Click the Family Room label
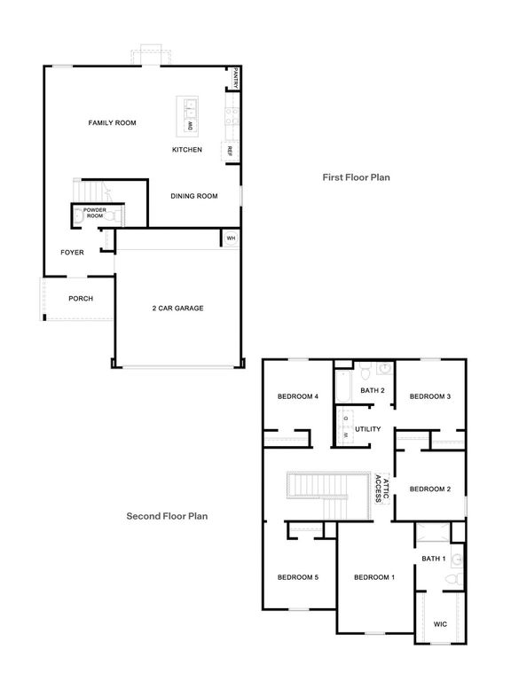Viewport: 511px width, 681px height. [x=112, y=122]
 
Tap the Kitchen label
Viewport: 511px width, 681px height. [x=187, y=150]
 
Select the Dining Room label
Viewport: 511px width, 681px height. [x=194, y=196]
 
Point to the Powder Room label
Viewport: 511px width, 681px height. [x=95, y=213]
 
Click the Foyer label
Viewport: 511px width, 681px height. [x=72, y=253]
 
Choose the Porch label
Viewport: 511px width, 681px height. [x=81, y=299]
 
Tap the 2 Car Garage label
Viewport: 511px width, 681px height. [x=177, y=309]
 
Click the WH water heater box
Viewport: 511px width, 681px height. [x=230, y=238]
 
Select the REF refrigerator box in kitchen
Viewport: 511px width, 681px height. [x=229, y=151]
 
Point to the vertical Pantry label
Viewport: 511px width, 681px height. [x=236, y=79]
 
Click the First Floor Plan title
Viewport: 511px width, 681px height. [x=356, y=177]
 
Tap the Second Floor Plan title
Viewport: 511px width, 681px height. [x=167, y=515]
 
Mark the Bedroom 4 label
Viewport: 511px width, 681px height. [x=297, y=396]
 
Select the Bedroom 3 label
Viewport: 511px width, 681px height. [x=430, y=396]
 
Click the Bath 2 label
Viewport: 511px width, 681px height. [x=373, y=390]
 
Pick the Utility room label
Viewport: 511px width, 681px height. [x=368, y=429]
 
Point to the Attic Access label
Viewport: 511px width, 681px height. [x=381, y=488]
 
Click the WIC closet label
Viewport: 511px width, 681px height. [x=440, y=624]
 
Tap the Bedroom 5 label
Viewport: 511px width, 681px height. [x=297, y=577]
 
